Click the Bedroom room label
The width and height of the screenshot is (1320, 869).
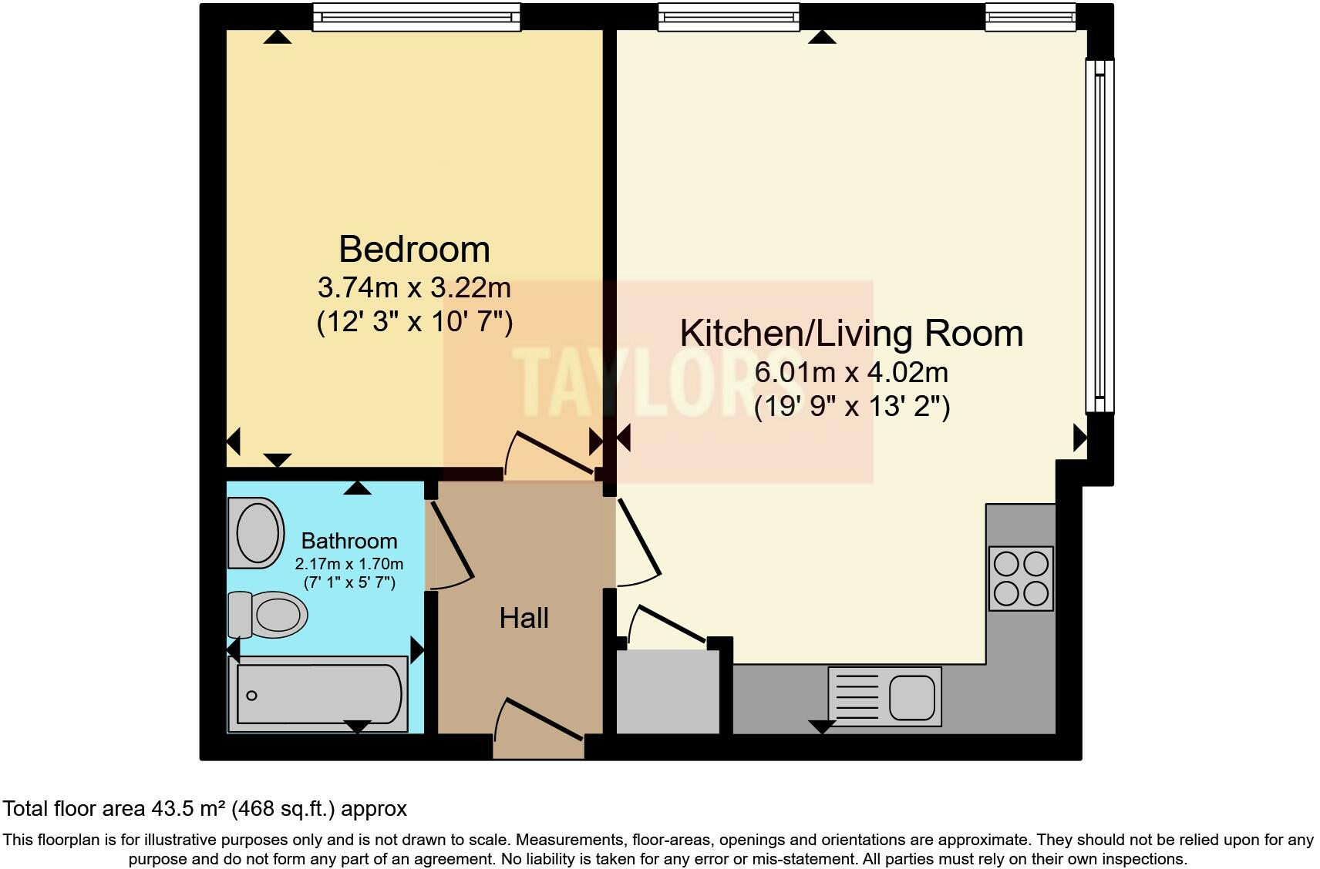[414, 250]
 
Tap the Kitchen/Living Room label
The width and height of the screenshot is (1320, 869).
[851, 333]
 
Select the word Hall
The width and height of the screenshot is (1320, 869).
[524, 618]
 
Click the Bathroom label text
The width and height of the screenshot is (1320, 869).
[349, 540]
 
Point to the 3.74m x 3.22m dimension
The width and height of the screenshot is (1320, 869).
[414, 288]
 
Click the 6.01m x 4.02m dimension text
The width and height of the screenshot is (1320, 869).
[851, 372]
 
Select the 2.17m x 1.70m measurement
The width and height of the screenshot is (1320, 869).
[349, 564]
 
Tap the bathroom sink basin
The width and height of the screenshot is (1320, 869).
[257, 532]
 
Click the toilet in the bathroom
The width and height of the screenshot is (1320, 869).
[268, 615]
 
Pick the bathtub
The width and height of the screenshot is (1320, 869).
[318, 693]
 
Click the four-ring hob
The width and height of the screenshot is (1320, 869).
[1021, 579]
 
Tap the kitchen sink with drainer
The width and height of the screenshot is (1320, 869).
[884, 696]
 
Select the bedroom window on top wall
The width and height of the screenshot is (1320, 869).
[416, 16]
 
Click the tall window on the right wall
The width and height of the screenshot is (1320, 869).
[1099, 235]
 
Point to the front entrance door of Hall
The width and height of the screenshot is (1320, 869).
[538, 729]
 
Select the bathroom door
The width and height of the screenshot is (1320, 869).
[450, 544]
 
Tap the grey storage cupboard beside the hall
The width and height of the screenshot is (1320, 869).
[667, 691]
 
